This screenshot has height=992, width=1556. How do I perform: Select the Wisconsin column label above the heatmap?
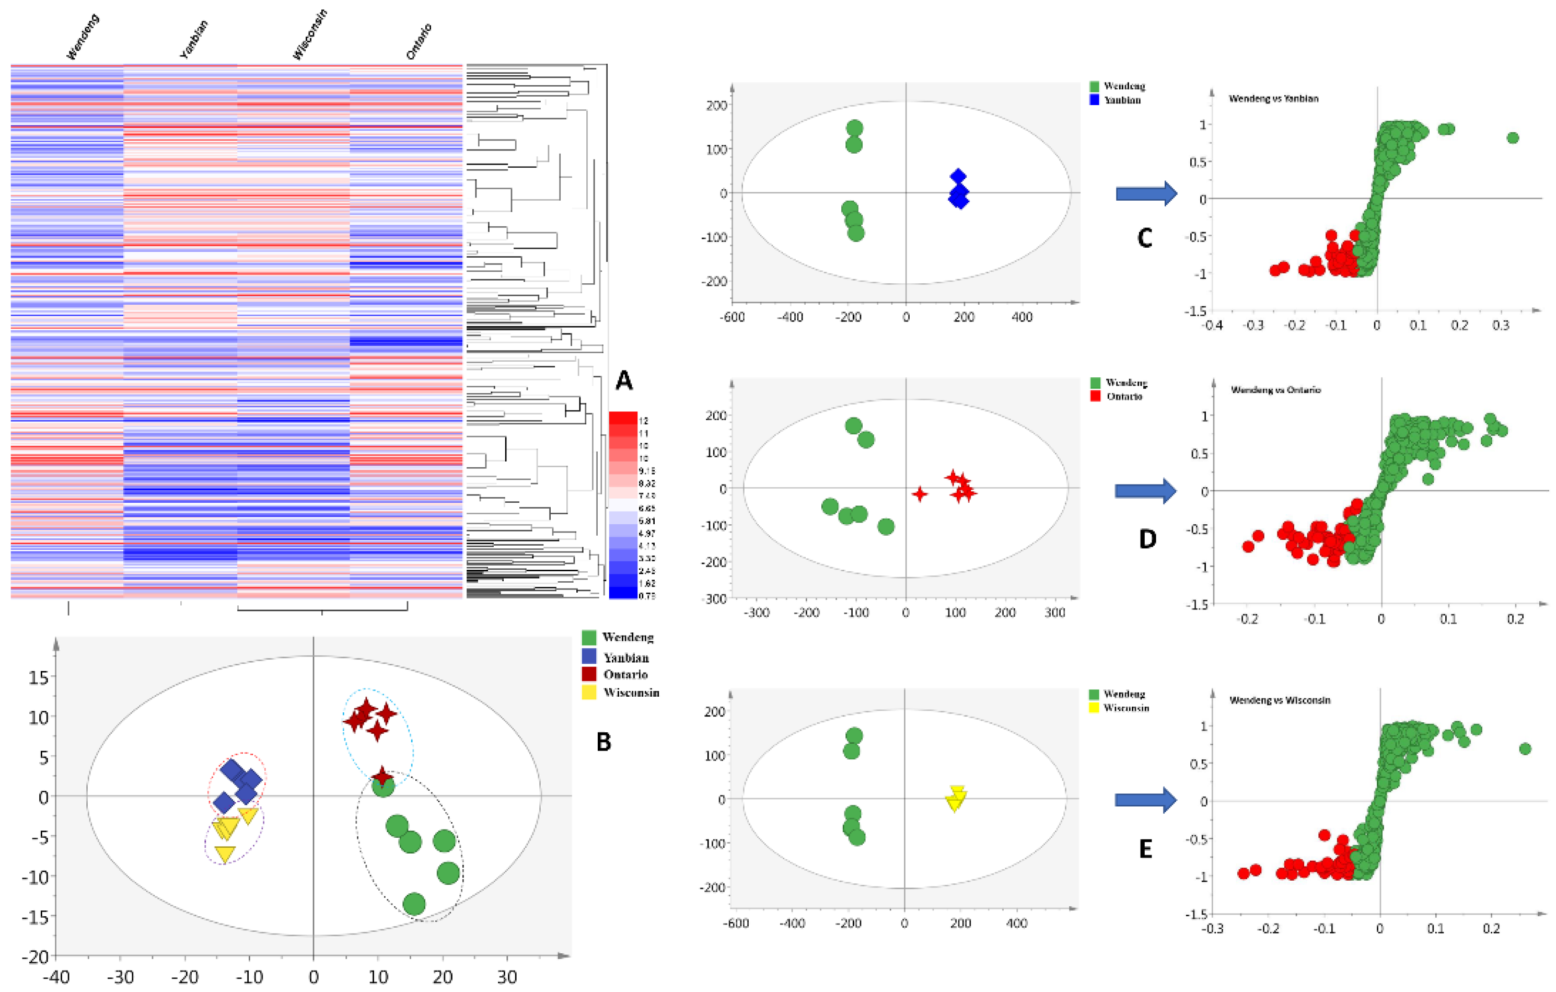310,35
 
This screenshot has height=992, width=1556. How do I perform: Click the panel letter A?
623,380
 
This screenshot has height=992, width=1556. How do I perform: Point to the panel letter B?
603,742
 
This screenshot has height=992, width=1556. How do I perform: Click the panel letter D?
1147,538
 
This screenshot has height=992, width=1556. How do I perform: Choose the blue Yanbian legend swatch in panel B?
589,656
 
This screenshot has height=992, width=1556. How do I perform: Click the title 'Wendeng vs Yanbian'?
1273,99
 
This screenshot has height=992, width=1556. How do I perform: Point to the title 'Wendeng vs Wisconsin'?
1280,700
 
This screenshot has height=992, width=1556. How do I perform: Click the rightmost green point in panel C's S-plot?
1513,137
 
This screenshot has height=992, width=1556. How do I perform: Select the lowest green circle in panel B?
414,904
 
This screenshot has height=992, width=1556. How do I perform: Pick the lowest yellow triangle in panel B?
225,853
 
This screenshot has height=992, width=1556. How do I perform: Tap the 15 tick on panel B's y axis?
38,677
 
